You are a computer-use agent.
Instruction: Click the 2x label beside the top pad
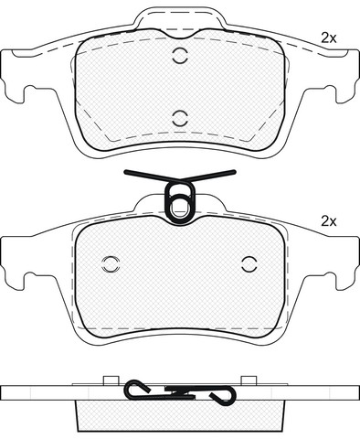coord(329,38)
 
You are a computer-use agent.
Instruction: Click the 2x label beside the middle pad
coord(329,221)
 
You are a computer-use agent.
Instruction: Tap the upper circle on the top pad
coord(179,56)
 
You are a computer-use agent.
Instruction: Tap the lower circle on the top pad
coord(179,118)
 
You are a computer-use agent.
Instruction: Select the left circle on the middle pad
coord(111,264)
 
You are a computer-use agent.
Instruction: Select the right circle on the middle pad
coord(249,264)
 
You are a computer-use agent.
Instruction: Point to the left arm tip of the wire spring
coord(126,172)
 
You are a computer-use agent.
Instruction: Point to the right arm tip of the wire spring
coord(234,172)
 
